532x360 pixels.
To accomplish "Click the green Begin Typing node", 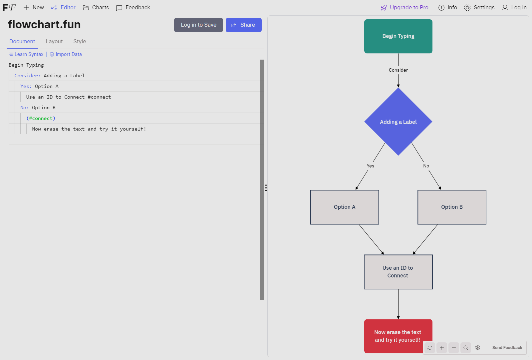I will (x=398, y=36).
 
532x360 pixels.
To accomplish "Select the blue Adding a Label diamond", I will (x=398, y=122).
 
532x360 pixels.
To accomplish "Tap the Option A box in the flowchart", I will (x=345, y=207).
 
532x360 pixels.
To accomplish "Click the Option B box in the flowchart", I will (x=452, y=207).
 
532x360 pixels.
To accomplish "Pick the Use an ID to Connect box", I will (x=398, y=272).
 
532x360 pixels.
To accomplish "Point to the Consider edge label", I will (x=398, y=70).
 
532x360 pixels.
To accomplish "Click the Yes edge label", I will (x=370, y=166).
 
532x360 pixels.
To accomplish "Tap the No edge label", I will (x=426, y=166).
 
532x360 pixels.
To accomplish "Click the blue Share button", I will (x=243, y=25).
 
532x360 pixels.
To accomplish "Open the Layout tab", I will (x=54, y=42).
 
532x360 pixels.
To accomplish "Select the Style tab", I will (x=80, y=42).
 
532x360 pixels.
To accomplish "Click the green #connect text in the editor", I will (x=41, y=118).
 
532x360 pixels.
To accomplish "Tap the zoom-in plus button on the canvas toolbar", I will (x=442, y=348).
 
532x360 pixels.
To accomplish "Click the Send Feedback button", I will (x=507, y=348).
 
